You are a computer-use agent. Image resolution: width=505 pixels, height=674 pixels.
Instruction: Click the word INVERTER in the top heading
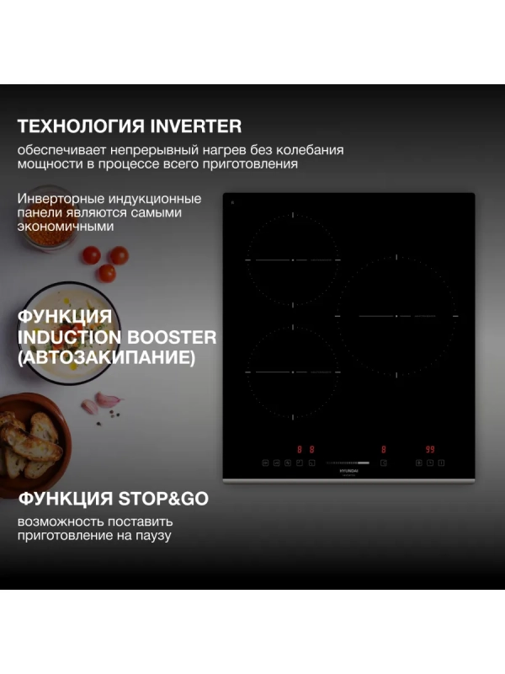(195, 126)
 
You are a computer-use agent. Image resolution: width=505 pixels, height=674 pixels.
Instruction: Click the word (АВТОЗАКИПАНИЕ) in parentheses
(106, 357)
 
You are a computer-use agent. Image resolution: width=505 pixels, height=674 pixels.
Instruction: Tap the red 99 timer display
(430, 450)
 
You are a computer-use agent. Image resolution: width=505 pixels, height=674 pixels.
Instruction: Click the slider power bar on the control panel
(348, 463)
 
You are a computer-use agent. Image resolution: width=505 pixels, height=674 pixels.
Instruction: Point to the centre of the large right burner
(397, 315)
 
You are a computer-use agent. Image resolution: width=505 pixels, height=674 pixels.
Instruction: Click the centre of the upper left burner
(293, 260)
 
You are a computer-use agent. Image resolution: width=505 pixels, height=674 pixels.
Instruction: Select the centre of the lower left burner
(293, 372)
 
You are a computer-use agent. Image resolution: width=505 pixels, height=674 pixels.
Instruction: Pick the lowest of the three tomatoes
(106, 273)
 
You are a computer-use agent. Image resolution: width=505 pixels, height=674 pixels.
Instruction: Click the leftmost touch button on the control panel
(265, 463)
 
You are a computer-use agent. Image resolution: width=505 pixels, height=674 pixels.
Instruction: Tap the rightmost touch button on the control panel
(442, 463)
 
